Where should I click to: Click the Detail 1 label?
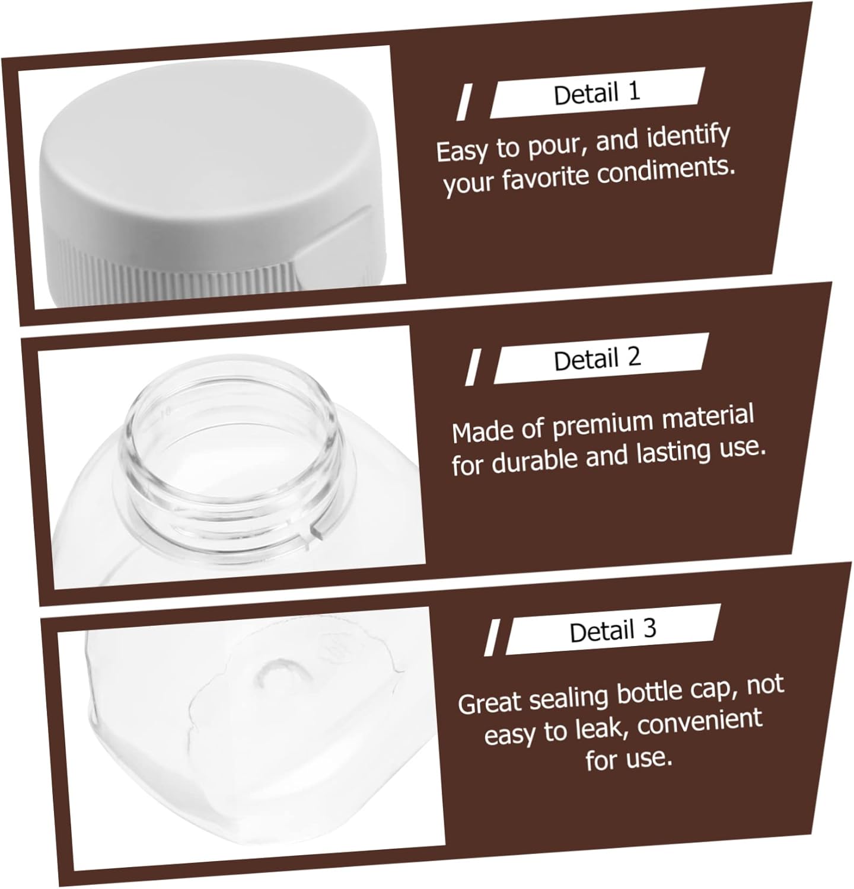(x=597, y=94)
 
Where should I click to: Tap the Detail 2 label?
(x=597, y=359)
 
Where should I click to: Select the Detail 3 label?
(x=613, y=631)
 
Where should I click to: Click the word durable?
(x=536, y=459)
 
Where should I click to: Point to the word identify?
(x=688, y=137)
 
